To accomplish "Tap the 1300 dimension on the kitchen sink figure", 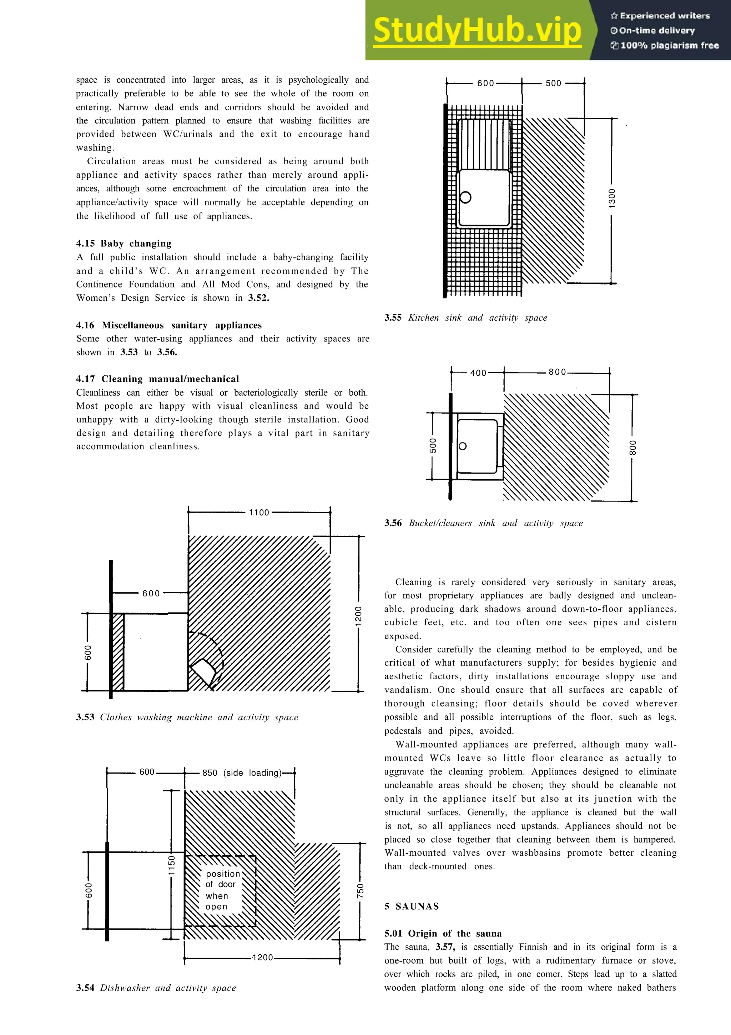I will tap(612, 199).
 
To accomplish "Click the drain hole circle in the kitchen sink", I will tap(466, 197).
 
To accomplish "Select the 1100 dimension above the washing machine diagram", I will tap(259, 512).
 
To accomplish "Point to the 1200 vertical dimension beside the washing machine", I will tap(358, 615).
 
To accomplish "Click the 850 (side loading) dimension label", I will tap(242, 772).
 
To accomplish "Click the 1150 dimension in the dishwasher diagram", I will tap(171, 865).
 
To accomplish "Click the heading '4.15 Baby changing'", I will tap(124, 244).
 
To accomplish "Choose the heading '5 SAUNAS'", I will tap(411, 906).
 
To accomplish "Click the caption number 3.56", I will tap(393, 523).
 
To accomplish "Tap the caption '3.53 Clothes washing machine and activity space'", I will tap(187, 717).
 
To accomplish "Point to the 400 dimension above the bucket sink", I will tap(478, 373).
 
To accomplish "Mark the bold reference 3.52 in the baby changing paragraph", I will tap(258, 298).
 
